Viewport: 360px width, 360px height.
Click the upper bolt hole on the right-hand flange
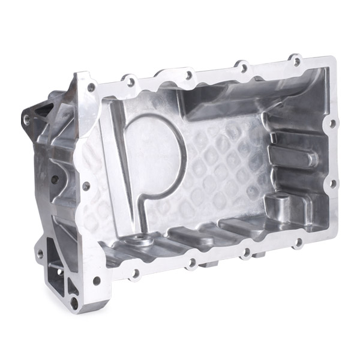point(329,124)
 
